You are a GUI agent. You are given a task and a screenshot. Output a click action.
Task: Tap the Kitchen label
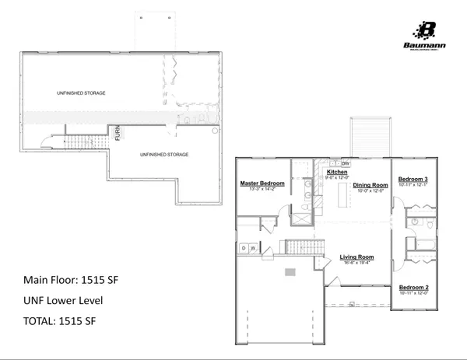click(337, 172)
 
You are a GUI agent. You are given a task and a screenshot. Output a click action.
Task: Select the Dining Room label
click(370, 185)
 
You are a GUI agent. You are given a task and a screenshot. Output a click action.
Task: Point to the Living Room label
click(357, 257)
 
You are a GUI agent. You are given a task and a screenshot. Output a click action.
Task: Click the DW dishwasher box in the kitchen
click(346, 164)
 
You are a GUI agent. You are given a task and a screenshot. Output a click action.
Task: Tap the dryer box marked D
click(244, 247)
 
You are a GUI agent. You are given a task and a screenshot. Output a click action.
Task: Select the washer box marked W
click(252, 247)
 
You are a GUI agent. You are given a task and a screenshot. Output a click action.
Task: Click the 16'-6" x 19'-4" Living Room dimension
click(357, 263)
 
